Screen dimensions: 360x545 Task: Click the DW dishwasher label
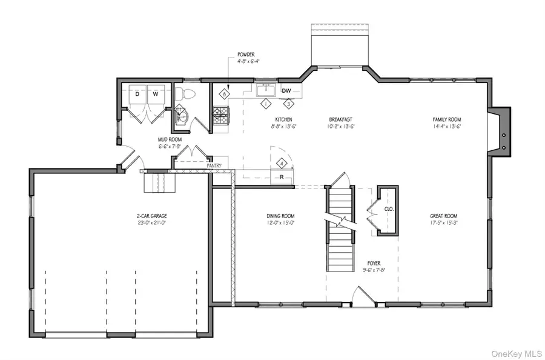coord(286,91)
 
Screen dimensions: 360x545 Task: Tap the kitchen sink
coord(265,91)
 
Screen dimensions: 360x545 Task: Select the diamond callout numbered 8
coord(225,94)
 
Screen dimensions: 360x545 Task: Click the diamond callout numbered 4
coord(281,163)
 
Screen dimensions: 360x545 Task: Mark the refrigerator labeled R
coord(281,178)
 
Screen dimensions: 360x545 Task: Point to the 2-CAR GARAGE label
coord(152,216)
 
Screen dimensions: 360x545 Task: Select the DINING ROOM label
coord(280,216)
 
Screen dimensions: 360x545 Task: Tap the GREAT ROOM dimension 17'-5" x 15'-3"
coord(443,223)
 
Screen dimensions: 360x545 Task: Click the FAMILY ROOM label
coord(447,119)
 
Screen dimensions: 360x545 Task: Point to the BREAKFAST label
coord(341,119)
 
